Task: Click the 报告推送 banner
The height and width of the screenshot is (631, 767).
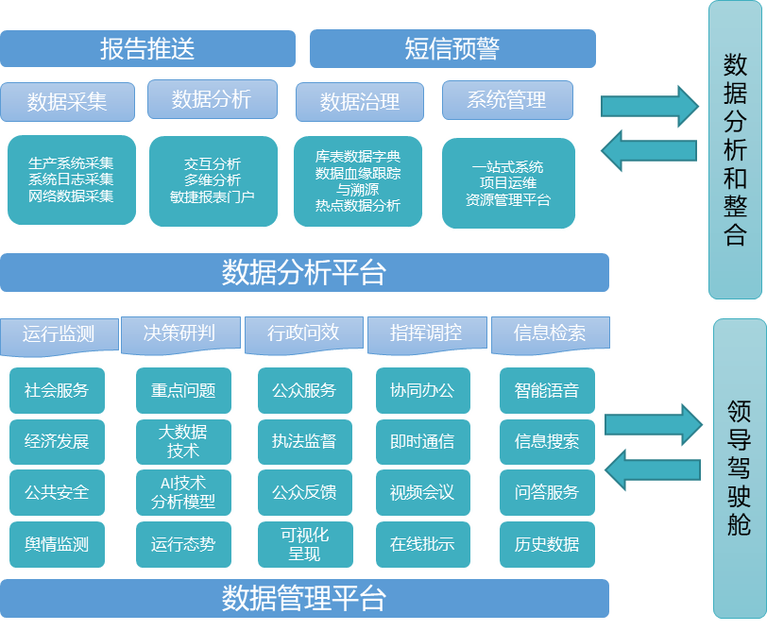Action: pos(147,48)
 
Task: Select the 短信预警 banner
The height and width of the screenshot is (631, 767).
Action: pos(452,48)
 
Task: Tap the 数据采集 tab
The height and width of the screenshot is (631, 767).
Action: pos(67,102)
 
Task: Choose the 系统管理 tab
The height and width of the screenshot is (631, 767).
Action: pos(507,100)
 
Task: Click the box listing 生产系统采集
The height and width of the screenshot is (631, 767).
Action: pos(71,179)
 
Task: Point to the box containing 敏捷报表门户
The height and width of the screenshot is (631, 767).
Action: pos(213,179)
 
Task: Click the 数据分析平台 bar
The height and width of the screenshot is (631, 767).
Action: pos(304,272)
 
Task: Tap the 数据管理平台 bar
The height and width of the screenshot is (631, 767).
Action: pos(304,599)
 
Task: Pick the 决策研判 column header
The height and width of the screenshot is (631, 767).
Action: pos(179,333)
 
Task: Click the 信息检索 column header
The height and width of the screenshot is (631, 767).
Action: pos(550,333)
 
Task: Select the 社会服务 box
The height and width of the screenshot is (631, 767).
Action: pos(57,390)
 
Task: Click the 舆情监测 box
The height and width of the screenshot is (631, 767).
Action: pos(57,544)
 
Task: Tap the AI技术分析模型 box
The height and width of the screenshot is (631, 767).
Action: pos(183,492)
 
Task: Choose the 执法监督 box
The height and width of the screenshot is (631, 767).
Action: pos(304,441)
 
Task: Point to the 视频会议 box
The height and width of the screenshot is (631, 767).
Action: pos(422,492)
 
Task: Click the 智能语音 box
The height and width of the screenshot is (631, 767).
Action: pos(548,390)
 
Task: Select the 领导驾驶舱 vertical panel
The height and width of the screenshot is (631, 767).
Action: pos(739,467)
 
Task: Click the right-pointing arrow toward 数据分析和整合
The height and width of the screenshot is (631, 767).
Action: pos(650,105)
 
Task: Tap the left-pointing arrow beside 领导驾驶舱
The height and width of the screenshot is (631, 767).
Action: pos(652,469)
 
